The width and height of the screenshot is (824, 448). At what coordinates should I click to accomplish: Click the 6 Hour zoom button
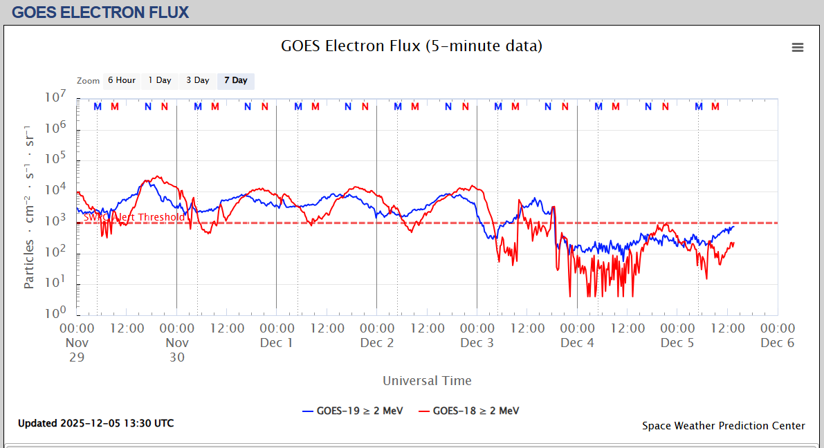(122, 81)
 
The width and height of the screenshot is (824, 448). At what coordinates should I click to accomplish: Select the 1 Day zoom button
(160, 81)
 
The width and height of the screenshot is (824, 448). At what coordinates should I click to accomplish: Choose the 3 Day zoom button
(198, 81)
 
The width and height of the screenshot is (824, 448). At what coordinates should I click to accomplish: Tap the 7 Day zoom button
(236, 81)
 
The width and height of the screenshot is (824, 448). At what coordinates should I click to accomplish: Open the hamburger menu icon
(798, 48)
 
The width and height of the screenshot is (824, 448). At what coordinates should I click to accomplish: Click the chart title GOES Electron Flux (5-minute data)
(412, 46)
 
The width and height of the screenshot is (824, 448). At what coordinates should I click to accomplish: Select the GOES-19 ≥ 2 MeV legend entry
(353, 411)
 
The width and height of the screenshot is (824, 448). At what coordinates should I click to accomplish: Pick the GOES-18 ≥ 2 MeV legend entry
(469, 411)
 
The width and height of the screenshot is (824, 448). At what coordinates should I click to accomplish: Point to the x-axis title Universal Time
(427, 381)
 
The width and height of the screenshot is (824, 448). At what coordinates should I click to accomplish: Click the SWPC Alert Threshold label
(134, 217)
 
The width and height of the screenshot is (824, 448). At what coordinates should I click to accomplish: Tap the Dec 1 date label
(277, 343)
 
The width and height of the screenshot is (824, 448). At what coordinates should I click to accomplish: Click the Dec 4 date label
(577, 343)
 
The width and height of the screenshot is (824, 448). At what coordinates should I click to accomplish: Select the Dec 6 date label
(777, 343)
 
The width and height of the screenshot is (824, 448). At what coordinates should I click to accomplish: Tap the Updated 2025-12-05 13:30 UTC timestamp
(95, 423)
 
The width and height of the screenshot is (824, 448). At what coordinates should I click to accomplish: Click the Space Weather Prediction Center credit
(723, 426)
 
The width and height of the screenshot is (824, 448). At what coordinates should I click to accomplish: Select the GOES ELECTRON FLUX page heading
(100, 12)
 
